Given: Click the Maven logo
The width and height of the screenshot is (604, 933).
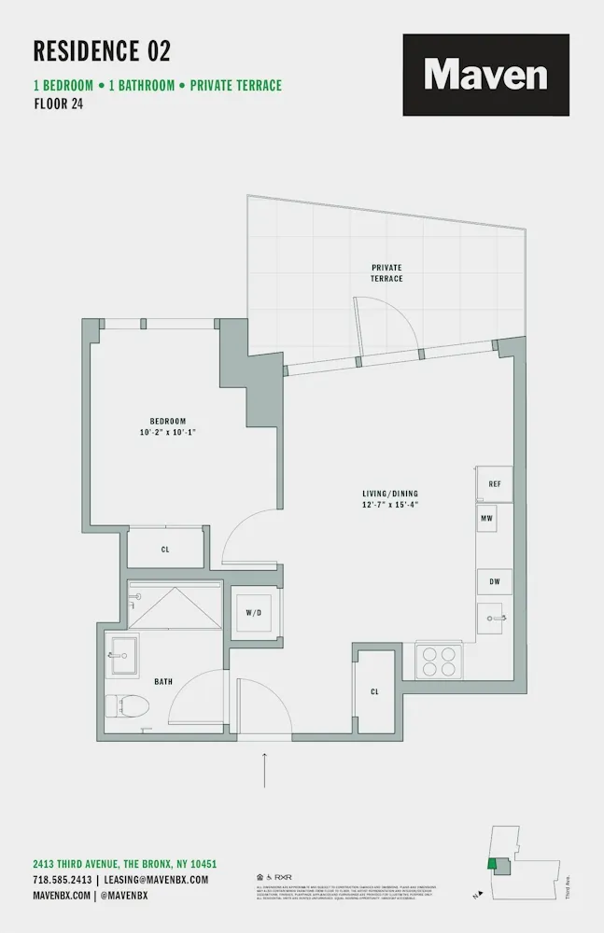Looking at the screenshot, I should [485, 75].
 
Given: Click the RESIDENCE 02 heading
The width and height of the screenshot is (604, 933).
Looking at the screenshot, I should [102, 50].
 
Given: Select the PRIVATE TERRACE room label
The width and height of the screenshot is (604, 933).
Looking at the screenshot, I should [386, 272].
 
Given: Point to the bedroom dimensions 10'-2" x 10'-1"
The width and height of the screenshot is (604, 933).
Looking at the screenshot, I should [168, 432].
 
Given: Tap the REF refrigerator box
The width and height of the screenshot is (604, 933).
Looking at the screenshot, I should [495, 484].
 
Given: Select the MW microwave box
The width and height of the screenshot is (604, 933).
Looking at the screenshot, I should [486, 518].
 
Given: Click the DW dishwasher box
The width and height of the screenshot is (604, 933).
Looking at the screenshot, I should [495, 581].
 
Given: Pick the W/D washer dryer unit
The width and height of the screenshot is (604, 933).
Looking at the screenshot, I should [253, 613].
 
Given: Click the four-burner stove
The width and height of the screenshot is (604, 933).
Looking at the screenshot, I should [438, 661].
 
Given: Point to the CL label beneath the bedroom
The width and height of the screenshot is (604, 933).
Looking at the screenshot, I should [165, 550].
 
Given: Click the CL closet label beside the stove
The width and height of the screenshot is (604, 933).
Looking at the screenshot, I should [374, 691].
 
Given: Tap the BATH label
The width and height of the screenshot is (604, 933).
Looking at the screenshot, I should [163, 682].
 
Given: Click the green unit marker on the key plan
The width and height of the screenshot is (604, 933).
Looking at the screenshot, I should [491, 864].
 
